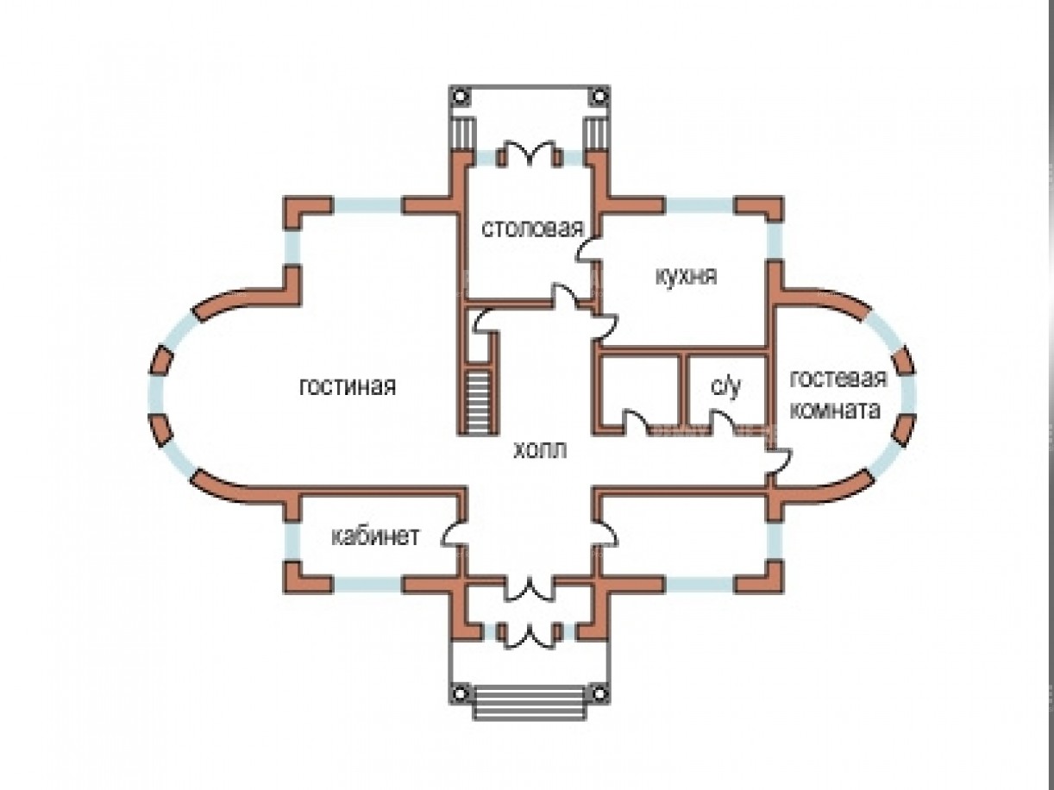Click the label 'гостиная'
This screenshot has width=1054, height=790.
tap(348, 386)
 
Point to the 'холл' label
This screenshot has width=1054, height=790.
tap(540, 449)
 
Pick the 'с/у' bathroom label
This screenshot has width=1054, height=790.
tap(725, 387)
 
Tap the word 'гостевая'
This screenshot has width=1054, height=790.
tap(838, 379)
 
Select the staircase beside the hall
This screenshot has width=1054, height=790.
tap(477, 400)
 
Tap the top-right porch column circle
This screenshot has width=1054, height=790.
tap(597, 97)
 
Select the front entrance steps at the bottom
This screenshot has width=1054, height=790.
tap(529, 700)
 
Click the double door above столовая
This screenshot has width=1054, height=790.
tap(527, 154)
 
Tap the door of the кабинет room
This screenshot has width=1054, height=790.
tap(454, 533)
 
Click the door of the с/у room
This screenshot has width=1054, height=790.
tap(723, 422)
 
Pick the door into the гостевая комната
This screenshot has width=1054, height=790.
tap(779, 461)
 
